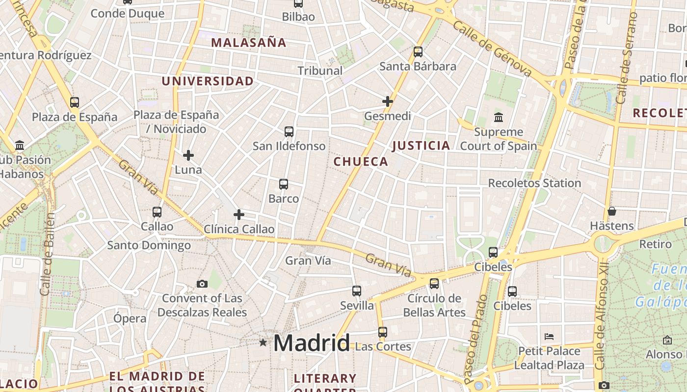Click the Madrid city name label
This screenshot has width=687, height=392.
click(311, 343)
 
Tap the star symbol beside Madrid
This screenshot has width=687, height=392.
click(264, 343)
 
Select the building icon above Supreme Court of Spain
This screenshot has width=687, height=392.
click(499, 117)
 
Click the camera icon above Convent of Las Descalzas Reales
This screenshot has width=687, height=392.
click(202, 284)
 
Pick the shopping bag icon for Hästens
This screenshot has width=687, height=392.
click(611, 211)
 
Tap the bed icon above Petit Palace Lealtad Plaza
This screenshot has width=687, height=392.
click(549, 337)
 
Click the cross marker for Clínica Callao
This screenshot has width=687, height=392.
click(239, 215)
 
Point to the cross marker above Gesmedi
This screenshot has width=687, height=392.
click(388, 101)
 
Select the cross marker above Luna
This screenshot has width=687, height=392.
click(188, 155)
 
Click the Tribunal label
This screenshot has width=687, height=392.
click(320, 71)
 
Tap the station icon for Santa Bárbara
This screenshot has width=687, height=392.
click(418, 51)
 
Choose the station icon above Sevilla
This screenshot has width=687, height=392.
click(357, 291)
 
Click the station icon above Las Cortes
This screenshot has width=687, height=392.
click(383, 332)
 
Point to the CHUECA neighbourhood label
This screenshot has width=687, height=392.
click(361, 162)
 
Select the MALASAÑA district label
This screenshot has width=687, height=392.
click(249, 43)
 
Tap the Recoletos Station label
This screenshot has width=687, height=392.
click(534, 183)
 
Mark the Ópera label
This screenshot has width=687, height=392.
click(130, 318)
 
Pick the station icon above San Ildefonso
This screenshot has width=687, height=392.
click(289, 131)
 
